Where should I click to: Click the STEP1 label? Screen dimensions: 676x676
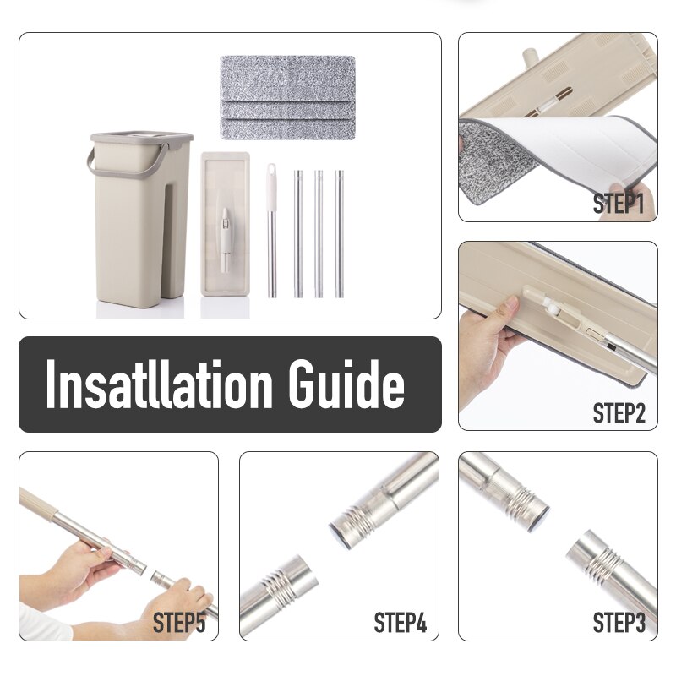pyautogui.click(x=619, y=204)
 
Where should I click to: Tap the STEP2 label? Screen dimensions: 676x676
pyautogui.click(x=619, y=413)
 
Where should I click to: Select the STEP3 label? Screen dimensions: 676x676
pyautogui.click(x=619, y=623)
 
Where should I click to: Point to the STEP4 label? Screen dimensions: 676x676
pyautogui.click(x=400, y=624)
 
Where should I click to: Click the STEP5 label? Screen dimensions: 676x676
pyautogui.click(x=179, y=624)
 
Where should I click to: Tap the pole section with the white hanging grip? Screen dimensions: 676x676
pyautogui.click(x=272, y=228)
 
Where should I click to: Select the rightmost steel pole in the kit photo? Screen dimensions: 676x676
pyautogui.click(x=339, y=232)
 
